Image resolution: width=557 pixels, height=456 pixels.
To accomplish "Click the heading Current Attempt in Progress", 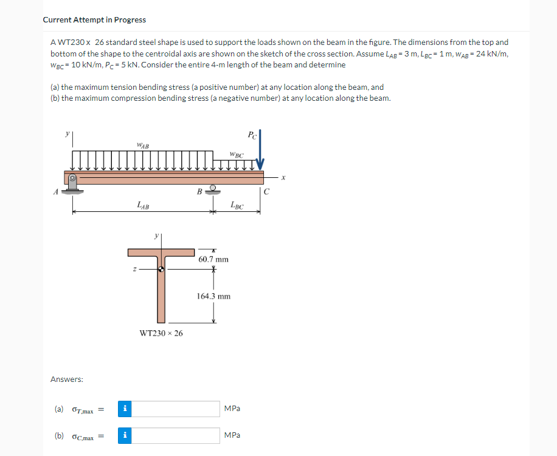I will coord(94,19).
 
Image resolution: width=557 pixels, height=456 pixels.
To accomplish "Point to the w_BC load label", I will coord(237,155).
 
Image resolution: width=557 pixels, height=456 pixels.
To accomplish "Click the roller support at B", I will coord(212,189).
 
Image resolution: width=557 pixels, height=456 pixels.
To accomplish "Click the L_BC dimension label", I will coord(237,206).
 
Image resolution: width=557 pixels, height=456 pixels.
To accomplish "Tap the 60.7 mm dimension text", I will coord(213,259).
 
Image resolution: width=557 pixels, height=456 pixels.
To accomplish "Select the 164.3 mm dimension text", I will coord(213,296).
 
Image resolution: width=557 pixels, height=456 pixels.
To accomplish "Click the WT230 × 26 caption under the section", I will coord(161,333).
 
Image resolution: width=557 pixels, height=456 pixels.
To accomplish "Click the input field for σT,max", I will coord(176,409).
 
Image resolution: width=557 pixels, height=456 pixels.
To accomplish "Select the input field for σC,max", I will coord(176,435).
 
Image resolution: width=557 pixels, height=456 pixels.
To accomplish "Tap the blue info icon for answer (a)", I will coord(124,409).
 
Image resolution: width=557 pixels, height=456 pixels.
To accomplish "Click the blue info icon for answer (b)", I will coord(124,435).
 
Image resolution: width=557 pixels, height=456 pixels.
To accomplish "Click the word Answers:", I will coord(67,379).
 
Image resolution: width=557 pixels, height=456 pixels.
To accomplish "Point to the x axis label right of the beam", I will coord(283,177).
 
